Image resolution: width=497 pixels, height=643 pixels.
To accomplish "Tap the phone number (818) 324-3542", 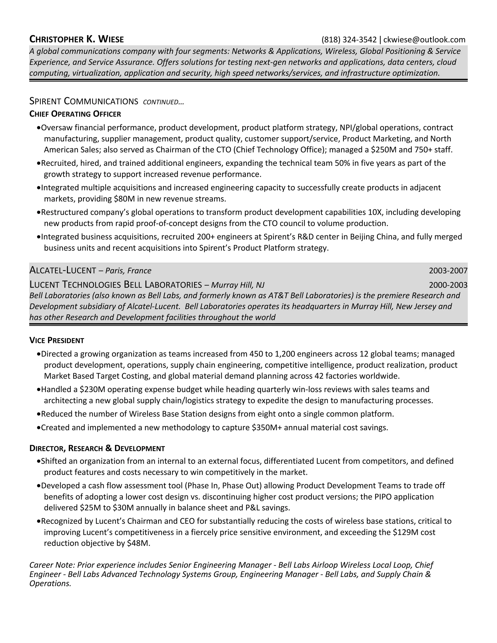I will pos(349,40).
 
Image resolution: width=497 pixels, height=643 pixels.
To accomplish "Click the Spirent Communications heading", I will pos(84,101).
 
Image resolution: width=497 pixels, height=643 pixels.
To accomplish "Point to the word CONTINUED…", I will pos(163,102).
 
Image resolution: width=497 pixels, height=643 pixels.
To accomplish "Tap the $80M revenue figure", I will pos(124,199).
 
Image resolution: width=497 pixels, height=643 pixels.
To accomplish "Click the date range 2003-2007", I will pos(448,271).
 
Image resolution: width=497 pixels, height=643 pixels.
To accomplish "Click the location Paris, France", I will pos(128,271).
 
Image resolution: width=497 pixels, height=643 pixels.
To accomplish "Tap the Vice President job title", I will pos(57,341).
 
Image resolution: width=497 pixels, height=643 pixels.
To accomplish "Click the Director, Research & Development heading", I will pos(97,448).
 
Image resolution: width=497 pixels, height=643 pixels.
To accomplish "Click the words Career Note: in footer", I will pos(52,565).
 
